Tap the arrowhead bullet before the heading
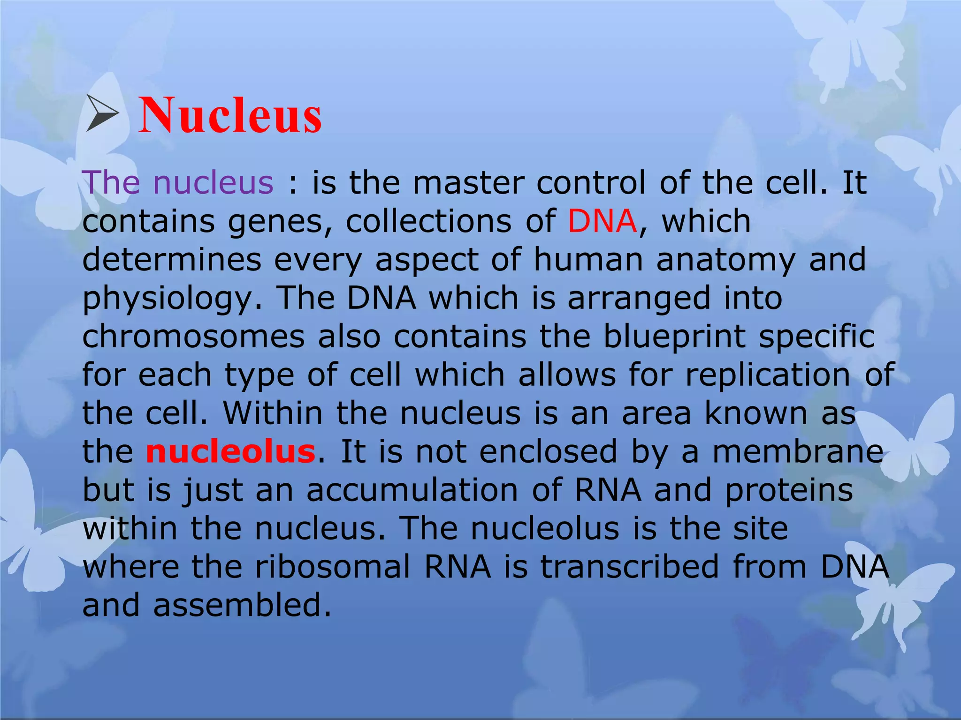(102, 113)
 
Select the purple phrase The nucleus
(177, 182)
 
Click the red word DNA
(602, 221)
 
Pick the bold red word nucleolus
(230, 452)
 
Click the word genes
(280, 222)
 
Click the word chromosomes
(193, 337)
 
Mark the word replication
(768, 375)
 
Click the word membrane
(798, 452)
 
